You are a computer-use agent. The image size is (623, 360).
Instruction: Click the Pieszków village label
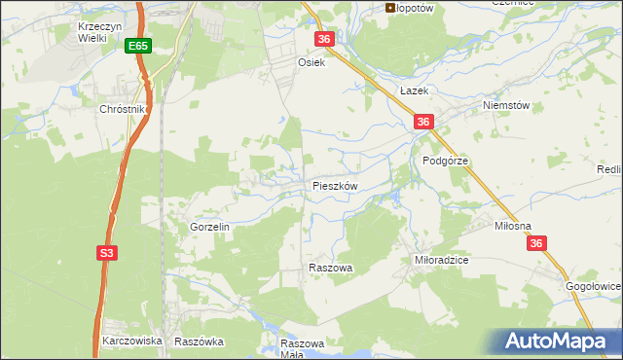point(336,185)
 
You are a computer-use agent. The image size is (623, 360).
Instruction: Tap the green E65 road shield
point(137,46)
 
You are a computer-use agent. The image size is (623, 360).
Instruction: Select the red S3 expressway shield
point(107,253)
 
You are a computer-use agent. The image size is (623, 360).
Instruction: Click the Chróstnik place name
point(122,110)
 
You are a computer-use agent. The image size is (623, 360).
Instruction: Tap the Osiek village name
point(310,60)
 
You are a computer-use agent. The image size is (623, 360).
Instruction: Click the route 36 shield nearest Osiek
point(325,39)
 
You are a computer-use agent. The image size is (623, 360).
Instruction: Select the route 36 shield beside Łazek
point(422,122)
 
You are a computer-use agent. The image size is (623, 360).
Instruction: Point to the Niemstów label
point(504,106)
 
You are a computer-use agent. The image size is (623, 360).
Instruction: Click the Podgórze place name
point(446,160)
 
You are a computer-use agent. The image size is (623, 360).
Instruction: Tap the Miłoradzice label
point(442,261)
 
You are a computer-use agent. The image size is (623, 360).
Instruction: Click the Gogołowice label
point(593,287)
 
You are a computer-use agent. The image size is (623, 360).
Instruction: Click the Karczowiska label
point(131,342)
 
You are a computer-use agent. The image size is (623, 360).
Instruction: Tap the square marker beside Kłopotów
point(390,8)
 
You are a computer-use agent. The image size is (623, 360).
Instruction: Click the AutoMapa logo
point(560,342)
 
